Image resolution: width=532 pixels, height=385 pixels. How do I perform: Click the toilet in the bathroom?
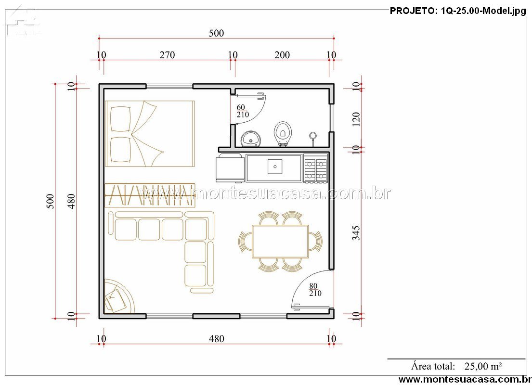click(x=283, y=134)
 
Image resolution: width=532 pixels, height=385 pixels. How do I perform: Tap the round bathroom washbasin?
click(x=251, y=139)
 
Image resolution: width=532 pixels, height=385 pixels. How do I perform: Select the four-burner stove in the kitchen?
click(x=315, y=167)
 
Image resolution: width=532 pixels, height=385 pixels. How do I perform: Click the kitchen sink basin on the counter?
click(x=275, y=167)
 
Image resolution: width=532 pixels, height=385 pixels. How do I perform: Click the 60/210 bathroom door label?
click(x=243, y=111)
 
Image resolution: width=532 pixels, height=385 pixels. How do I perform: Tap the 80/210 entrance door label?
click(x=315, y=290)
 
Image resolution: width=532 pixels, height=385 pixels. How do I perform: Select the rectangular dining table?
click(x=280, y=242)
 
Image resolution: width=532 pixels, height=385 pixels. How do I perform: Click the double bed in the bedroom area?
click(x=150, y=134)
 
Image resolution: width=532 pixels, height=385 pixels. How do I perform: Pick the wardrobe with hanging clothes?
click(x=150, y=195)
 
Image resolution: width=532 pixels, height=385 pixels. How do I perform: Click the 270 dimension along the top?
click(x=167, y=55)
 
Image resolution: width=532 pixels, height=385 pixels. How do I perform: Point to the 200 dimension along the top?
click(x=282, y=55)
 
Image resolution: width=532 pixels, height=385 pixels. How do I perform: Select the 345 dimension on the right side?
click(x=356, y=233)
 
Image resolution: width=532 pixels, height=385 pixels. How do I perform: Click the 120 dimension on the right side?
click(x=356, y=119)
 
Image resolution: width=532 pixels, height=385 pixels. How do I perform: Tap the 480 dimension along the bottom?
click(x=217, y=338)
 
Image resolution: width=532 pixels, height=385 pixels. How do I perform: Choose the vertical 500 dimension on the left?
click(x=50, y=201)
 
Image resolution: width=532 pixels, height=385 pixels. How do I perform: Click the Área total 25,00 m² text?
click(x=456, y=366)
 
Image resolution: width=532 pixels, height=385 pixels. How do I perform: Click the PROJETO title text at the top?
click(x=458, y=11)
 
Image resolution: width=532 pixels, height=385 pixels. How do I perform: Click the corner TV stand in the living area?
click(x=117, y=296)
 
